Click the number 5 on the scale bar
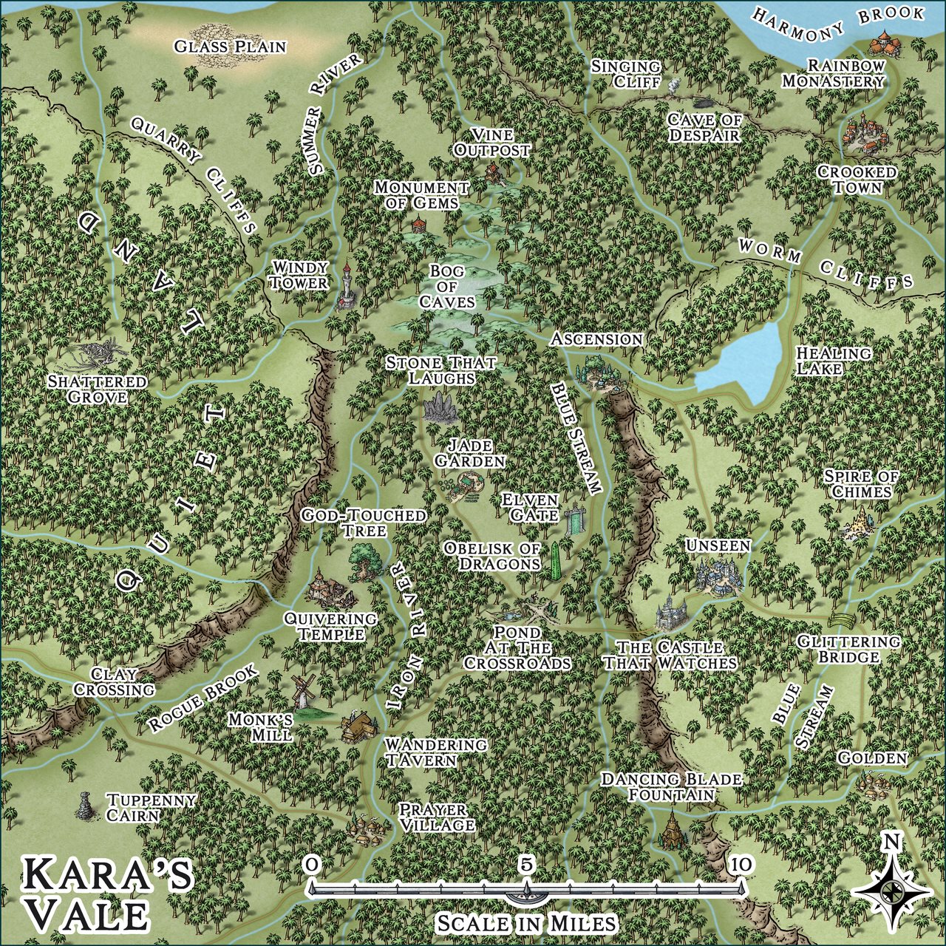[x=525, y=863]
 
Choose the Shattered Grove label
[x=96, y=389]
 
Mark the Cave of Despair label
[x=704, y=127]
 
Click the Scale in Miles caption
[x=525, y=923]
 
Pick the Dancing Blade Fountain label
[x=671, y=786]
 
